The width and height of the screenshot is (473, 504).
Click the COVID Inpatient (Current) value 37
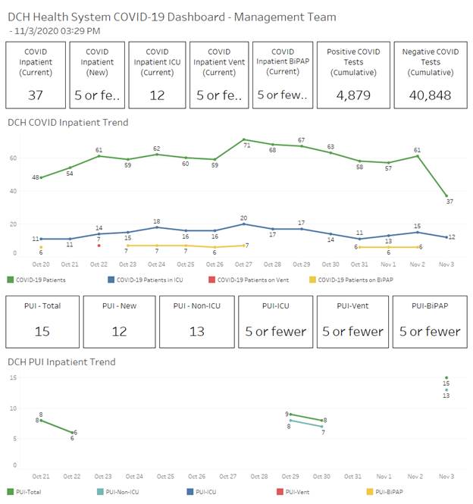click(36, 95)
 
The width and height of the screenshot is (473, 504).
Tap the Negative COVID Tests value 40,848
click(430, 95)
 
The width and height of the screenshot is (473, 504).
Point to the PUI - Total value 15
click(42, 330)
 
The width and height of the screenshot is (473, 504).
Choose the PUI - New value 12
click(119, 330)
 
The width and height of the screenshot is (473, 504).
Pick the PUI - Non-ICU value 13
click(196, 330)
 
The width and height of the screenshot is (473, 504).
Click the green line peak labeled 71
click(243, 140)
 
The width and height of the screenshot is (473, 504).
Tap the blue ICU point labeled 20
click(243, 224)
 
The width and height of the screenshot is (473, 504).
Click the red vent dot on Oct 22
click(99, 246)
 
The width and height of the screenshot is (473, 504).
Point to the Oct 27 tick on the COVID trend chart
click(243, 264)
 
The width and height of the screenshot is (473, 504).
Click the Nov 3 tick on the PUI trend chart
click(446, 477)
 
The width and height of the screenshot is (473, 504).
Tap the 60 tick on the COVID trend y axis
click(12, 158)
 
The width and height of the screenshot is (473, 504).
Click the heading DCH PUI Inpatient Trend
click(61, 362)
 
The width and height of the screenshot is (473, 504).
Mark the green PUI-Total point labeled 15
click(446, 377)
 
